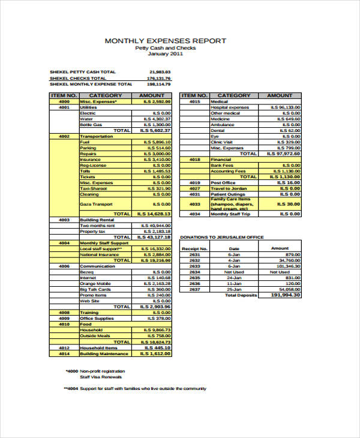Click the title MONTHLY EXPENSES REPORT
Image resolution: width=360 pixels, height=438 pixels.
(x=166, y=41)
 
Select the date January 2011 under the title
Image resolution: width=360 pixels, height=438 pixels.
(x=165, y=54)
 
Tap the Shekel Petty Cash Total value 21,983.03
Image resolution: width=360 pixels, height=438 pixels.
(x=159, y=71)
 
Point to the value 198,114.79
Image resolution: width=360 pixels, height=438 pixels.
(x=158, y=85)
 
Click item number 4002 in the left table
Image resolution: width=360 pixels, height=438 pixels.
(x=64, y=136)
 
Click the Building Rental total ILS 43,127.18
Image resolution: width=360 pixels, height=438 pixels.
(x=155, y=237)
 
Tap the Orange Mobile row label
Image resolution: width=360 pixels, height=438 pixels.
(x=95, y=283)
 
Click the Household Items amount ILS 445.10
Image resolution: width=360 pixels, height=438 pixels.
(x=158, y=347)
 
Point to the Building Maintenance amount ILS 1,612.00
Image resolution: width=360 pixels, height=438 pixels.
(x=156, y=354)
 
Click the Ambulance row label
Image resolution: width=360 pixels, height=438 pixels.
(x=220, y=125)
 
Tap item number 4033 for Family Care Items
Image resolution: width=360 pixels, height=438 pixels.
(x=194, y=204)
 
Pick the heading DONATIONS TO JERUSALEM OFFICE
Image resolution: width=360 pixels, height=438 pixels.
(x=222, y=238)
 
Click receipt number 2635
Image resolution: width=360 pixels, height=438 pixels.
(x=194, y=278)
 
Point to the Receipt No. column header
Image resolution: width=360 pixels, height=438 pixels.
(x=194, y=248)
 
